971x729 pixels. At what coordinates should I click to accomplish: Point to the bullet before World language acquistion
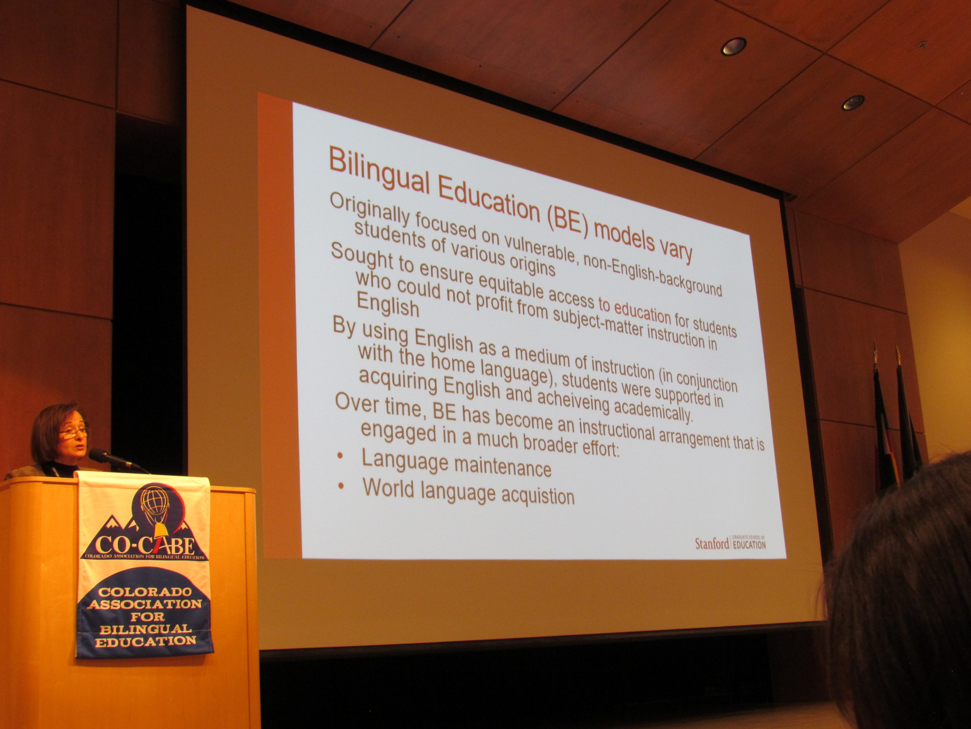341,486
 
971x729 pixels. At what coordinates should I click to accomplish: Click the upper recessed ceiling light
734,46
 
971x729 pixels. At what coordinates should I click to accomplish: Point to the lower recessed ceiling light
853,103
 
